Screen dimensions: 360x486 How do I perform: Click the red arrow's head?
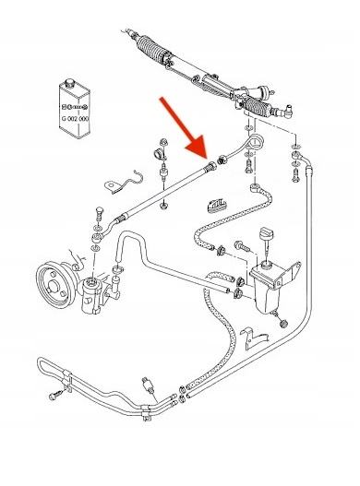[x=198, y=148]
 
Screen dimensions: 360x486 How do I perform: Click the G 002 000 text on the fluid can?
[x=75, y=119]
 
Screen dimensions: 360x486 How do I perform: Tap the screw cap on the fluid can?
[x=69, y=83]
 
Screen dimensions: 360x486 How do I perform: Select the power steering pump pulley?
[x=55, y=285]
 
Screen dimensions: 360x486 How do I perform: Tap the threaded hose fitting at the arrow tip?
[x=210, y=166]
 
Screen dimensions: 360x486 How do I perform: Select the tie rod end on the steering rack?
[x=286, y=111]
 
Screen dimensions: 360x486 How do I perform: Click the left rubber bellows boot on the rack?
[x=151, y=48]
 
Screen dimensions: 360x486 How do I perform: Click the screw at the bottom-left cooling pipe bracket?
[x=55, y=396]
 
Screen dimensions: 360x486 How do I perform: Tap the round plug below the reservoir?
[x=283, y=324]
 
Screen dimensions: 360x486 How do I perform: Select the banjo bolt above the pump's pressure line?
[x=99, y=213]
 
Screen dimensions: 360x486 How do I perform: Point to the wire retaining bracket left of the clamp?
[x=124, y=182]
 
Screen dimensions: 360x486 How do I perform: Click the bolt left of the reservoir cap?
[x=242, y=247]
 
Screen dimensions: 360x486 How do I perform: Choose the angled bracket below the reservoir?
[x=254, y=338]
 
